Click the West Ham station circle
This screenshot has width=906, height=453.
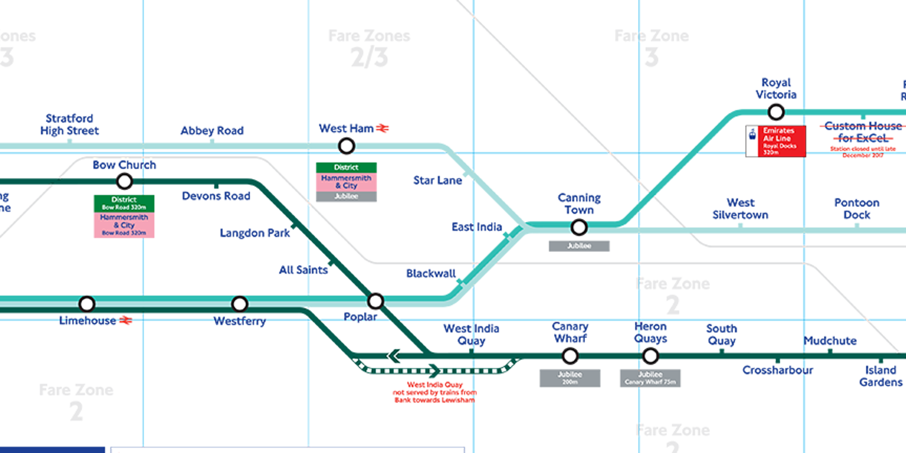pyautogui.click(x=346, y=146)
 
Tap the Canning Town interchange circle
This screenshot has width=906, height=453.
pyautogui.click(x=579, y=227)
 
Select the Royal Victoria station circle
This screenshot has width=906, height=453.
pyautogui.click(x=776, y=111)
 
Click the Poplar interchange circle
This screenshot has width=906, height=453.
pyautogui.click(x=375, y=301)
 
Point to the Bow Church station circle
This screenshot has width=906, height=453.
pyautogui.click(x=124, y=182)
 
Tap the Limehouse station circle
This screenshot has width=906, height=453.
pyautogui.click(x=87, y=304)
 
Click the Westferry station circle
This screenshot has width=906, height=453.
pyautogui.click(x=239, y=304)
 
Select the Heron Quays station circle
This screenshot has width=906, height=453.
pyautogui.click(x=650, y=356)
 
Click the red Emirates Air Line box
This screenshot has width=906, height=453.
pyautogui.click(x=782, y=141)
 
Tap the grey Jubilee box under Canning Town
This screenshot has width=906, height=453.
pyautogui.click(x=579, y=246)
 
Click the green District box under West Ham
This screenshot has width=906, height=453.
pyautogui.click(x=346, y=168)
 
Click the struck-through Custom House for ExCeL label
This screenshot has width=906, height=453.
pyautogui.click(x=862, y=132)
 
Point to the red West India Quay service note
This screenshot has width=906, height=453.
pyautogui.click(x=434, y=392)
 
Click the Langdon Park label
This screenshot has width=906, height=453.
pyautogui.click(x=254, y=233)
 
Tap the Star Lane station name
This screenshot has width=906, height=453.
pyautogui.click(x=437, y=180)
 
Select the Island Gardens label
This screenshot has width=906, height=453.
pyautogui.click(x=880, y=376)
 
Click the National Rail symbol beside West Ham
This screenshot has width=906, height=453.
pyautogui.click(x=382, y=129)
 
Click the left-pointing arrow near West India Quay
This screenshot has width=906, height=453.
pyautogui.click(x=394, y=356)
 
